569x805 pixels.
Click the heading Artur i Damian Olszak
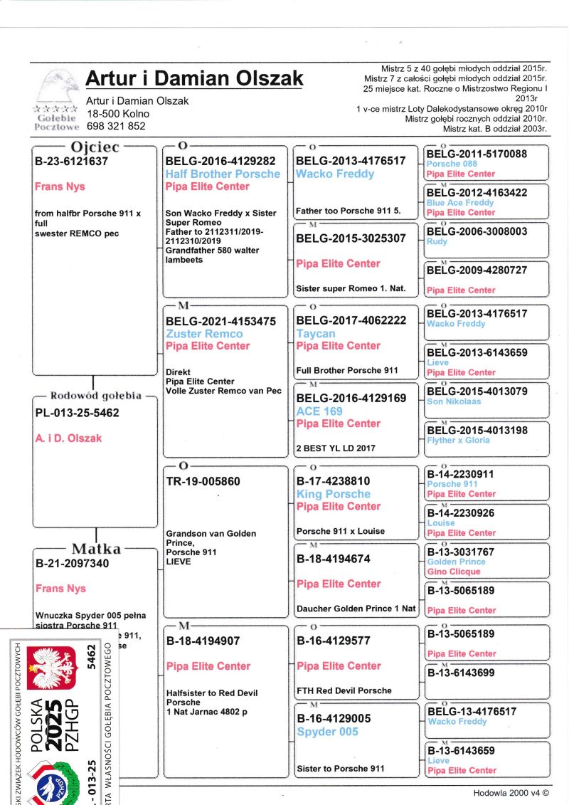click(194, 78)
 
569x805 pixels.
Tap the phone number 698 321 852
click(116, 126)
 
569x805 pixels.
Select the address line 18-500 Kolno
click(118, 114)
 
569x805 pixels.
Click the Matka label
click(95, 549)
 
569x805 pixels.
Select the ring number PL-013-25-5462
click(78, 413)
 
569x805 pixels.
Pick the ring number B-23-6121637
click(72, 162)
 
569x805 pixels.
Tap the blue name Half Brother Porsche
click(223, 174)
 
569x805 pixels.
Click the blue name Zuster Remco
click(204, 334)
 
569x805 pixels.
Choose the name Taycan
click(316, 333)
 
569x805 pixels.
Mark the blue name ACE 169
click(319, 411)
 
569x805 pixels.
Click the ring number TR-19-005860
click(203, 481)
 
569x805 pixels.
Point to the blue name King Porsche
click(334, 494)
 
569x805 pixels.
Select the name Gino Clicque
click(455, 572)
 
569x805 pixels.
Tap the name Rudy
click(437, 241)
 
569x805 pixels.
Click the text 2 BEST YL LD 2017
click(336, 448)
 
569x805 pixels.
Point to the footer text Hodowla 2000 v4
click(516, 793)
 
